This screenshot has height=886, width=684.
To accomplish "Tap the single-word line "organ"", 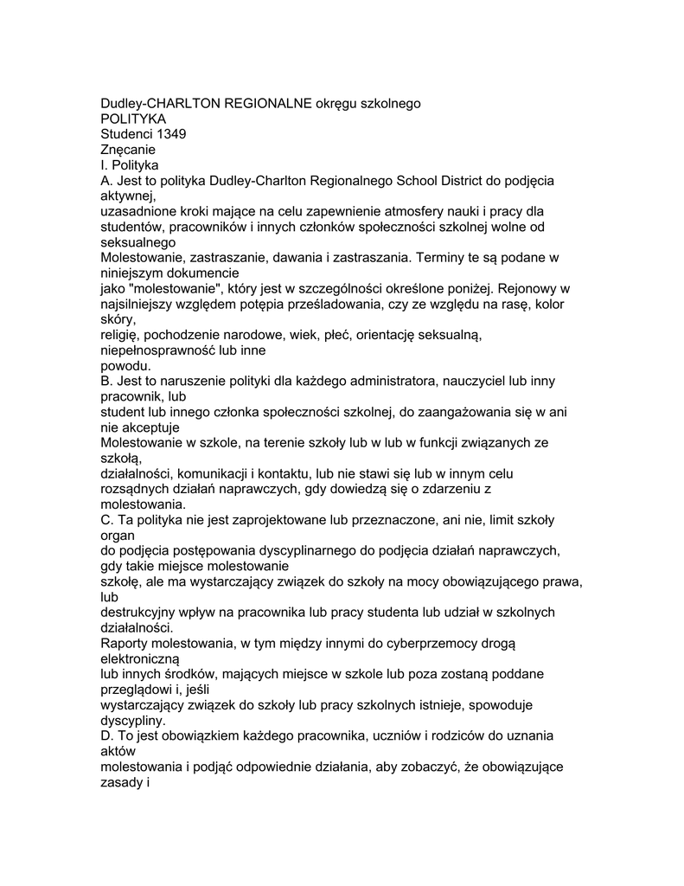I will coord(118,536).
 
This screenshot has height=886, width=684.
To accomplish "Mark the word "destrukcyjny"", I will coord(142,613).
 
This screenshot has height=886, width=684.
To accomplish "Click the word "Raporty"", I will coord(125,644).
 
